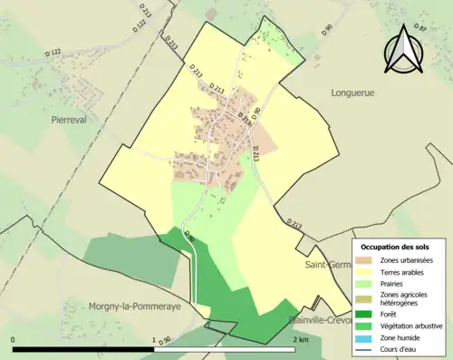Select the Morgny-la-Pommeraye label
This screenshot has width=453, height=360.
pos(133,307)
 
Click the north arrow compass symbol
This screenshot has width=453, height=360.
pos(405,50)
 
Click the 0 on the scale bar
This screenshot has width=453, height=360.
pos(14,339)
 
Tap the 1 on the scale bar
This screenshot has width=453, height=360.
pos(154,339)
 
